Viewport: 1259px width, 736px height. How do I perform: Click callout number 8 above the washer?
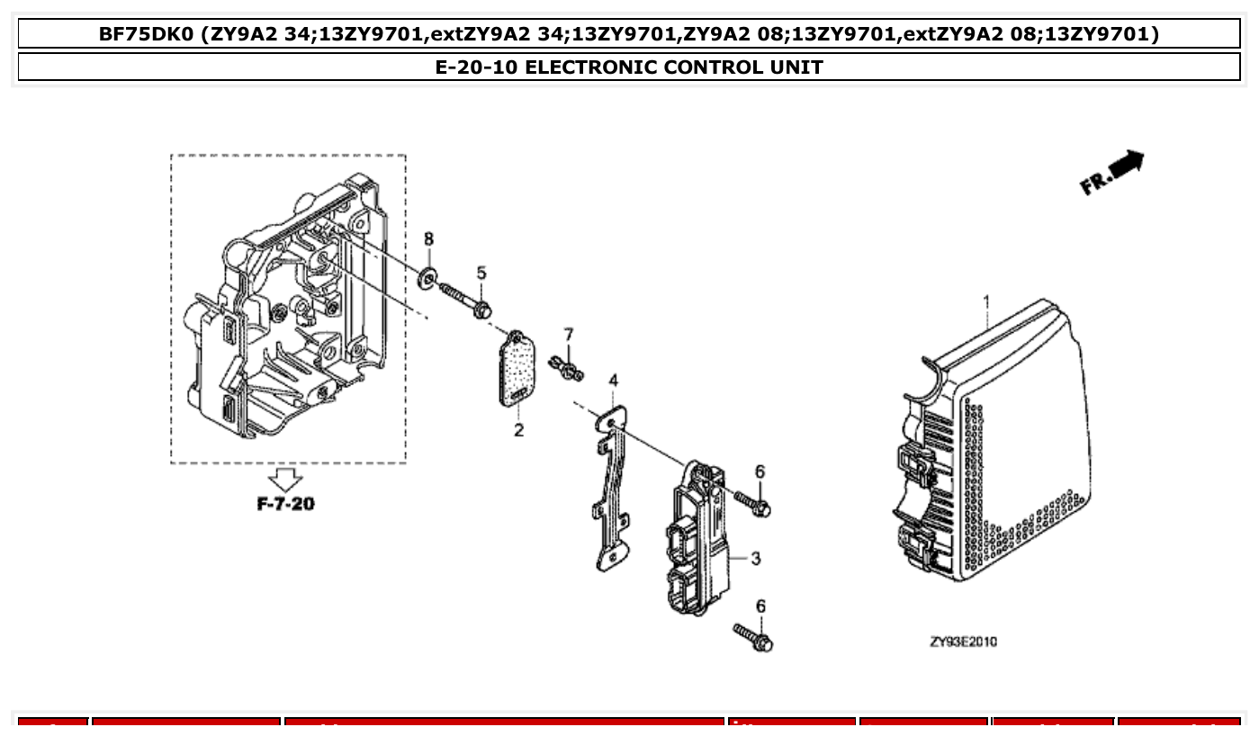[428, 238]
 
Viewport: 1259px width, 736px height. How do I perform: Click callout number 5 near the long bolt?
[481, 273]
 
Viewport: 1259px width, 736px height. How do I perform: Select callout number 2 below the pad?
[519, 431]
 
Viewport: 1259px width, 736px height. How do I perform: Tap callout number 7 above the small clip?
[568, 335]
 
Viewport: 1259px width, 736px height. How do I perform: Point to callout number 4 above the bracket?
[613, 381]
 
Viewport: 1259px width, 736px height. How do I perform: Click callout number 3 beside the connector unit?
[755, 559]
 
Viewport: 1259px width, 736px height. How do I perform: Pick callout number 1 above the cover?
[986, 300]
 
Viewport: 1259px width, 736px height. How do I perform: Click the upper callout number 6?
[760, 471]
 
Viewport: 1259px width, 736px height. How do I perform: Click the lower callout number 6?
[760, 606]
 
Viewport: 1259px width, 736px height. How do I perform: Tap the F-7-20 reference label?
[286, 504]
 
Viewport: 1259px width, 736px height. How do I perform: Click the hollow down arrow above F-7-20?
[287, 480]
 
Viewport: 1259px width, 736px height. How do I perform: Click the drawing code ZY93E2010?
[963, 642]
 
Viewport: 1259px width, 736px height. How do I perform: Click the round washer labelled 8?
[427, 274]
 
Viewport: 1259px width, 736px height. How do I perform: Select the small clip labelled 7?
[569, 367]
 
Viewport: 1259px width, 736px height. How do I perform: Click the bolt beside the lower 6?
[753, 636]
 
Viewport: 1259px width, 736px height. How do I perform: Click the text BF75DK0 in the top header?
[146, 34]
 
